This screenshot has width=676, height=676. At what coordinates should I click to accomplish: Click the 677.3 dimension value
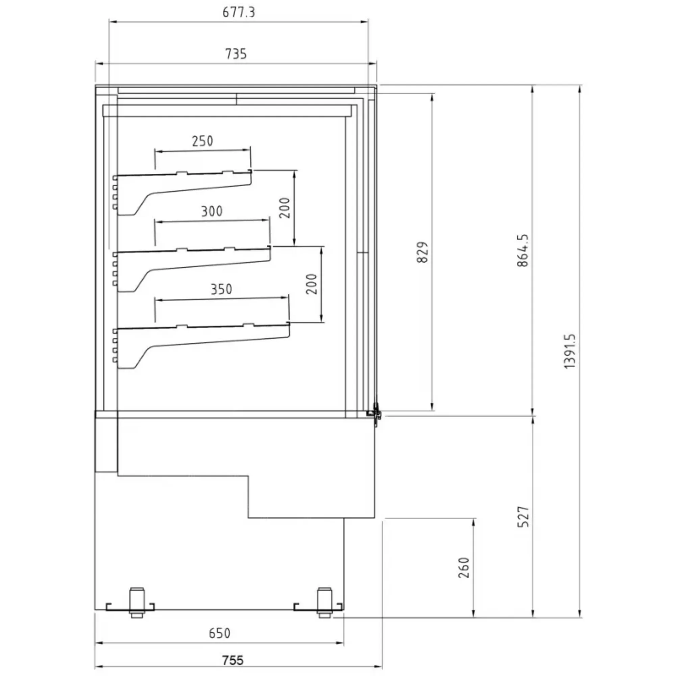tap(239, 12)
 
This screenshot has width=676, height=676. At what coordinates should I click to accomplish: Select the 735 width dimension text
tap(236, 54)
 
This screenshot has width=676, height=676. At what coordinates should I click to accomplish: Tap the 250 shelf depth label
tap(202, 141)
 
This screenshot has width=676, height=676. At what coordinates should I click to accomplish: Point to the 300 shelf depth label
tap(212, 211)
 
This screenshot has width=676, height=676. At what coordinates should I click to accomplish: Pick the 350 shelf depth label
tap(221, 289)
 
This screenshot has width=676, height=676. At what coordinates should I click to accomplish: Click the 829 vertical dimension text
tap(423, 252)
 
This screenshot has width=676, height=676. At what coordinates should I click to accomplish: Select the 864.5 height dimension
tap(523, 250)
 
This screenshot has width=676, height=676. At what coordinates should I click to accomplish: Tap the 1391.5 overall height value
tap(570, 351)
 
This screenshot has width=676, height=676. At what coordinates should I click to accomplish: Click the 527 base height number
tap(523, 516)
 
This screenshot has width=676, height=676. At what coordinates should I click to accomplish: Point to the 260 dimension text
tap(464, 568)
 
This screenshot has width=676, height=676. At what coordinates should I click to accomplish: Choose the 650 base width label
tap(219, 633)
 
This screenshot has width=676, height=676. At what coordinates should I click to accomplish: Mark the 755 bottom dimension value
tap(233, 660)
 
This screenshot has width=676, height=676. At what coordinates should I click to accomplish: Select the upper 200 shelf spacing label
tap(285, 208)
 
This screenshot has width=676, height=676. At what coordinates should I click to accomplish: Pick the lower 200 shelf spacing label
tap(311, 284)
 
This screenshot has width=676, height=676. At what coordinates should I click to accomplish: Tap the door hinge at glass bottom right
tap(376, 414)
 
